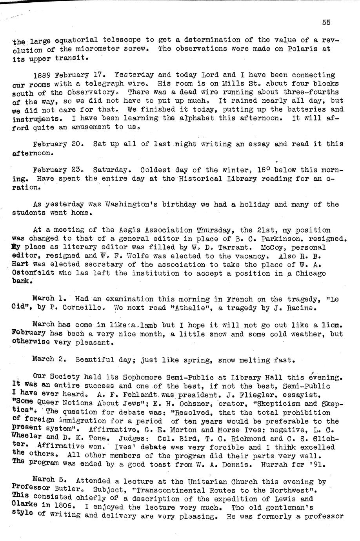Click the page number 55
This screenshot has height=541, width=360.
pyautogui.click(x=326, y=22)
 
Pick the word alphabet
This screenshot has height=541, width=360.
pyautogui.click(x=195, y=118)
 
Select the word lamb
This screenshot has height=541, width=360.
pyautogui.click(x=141, y=325)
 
